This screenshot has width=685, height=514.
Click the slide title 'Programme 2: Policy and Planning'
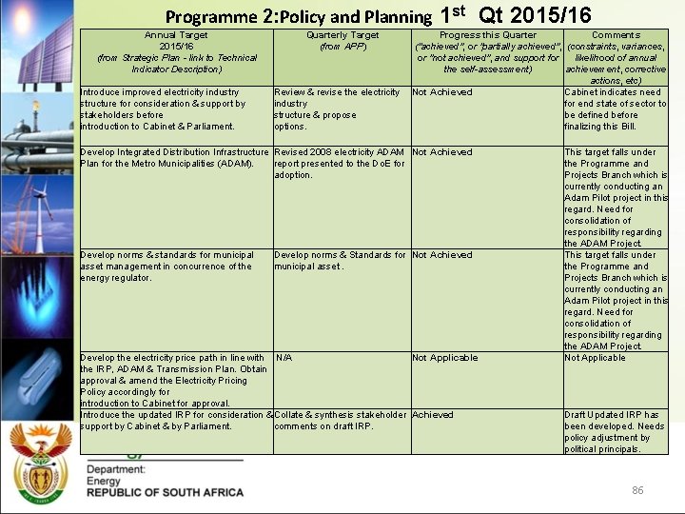tap(298, 16)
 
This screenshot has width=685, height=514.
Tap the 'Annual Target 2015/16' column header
tap(176, 51)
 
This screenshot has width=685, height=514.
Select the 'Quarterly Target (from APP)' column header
tap(342, 41)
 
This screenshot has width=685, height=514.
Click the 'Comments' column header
tap(616, 35)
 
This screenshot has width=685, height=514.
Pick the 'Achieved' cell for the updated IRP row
tap(433, 415)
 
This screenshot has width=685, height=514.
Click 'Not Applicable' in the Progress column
tap(445, 358)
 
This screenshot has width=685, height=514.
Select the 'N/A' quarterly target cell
tap(284, 358)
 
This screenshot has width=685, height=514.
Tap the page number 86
tap(637, 490)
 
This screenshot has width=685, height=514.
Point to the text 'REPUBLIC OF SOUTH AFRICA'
tap(165, 492)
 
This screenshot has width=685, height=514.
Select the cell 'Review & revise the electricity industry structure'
tap(337, 109)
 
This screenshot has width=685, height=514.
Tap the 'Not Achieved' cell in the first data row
tap(441, 92)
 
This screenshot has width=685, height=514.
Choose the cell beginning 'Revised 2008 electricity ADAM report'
tap(340, 164)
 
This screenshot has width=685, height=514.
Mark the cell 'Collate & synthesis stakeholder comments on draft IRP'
tap(340, 421)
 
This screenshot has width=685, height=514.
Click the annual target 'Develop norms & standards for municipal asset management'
tap(166, 267)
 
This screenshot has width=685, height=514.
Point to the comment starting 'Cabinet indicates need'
tap(615, 109)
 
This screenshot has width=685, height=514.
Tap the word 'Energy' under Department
tap(104, 481)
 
